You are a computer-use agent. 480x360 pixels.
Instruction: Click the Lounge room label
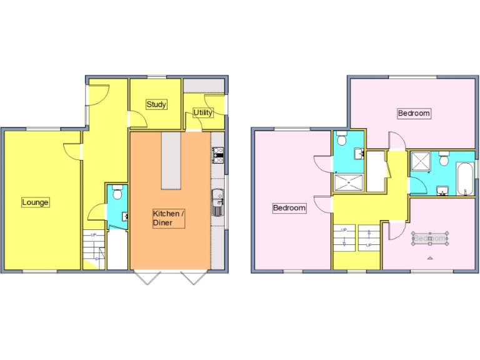click(x=36, y=202)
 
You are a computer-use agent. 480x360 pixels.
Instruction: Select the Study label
click(x=156, y=104)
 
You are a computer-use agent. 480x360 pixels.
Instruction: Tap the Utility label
click(x=203, y=112)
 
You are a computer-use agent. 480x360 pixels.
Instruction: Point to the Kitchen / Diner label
click(x=169, y=218)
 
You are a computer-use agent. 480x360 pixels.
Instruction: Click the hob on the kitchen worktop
click(x=217, y=155)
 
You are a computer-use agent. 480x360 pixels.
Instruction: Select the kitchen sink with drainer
click(x=217, y=202)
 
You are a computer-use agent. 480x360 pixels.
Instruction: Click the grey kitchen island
click(x=172, y=161)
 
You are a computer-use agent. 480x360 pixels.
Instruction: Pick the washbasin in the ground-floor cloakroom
click(x=125, y=216)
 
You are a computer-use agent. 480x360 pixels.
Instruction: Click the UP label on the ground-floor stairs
click(x=93, y=235)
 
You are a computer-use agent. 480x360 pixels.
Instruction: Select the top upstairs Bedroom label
click(x=414, y=113)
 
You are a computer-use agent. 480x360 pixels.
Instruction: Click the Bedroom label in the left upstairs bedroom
click(x=290, y=208)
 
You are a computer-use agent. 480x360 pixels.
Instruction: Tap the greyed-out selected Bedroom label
click(x=430, y=238)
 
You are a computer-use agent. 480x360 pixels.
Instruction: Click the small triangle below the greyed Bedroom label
click(x=430, y=257)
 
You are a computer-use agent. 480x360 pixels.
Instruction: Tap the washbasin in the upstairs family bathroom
click(x=444, y=190)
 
